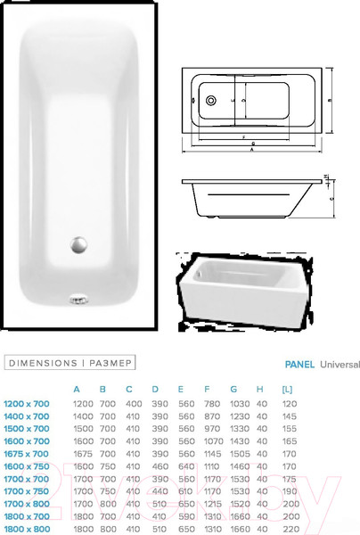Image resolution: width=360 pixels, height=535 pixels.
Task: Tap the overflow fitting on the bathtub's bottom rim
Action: tap(78, 300)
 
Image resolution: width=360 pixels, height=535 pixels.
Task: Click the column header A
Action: tap(77, 389)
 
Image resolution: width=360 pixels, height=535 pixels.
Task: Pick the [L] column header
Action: tap(287, 389)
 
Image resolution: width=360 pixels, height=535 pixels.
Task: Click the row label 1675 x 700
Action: tap(28, 453)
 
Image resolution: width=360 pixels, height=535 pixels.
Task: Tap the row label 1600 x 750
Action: tap(28, 465)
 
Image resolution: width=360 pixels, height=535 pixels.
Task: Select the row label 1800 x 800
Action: tap(28, 529)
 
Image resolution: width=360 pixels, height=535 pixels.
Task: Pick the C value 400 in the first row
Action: tap(132, 403)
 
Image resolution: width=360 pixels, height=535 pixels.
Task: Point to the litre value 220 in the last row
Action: tap(287, 529)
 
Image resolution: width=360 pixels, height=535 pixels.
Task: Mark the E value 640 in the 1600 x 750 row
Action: tap(185, 465)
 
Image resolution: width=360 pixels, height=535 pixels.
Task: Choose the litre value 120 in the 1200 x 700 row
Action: tap(287, 403)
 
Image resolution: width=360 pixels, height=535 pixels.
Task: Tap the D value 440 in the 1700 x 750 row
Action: tap(159, 490)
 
